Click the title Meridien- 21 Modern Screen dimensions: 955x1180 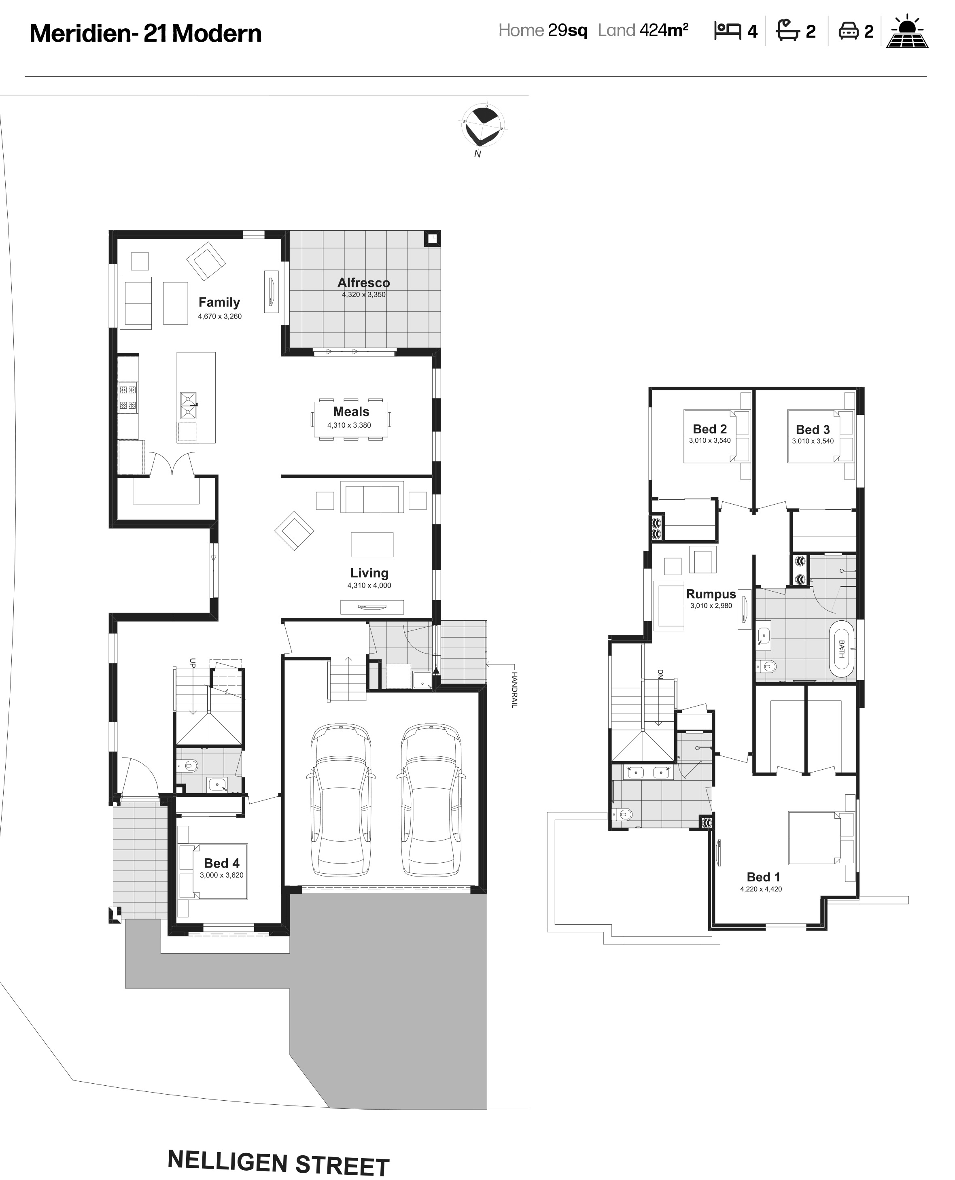pyautogui.click(x=145, y=34)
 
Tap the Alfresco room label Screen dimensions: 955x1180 pyautogui.click(x=364, y=283)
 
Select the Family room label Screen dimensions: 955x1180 pyautogui.click(x=219, y=302)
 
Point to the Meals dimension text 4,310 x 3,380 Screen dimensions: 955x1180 pyautogui.click(x=349, y=425)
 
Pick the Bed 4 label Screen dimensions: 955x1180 pyautogui.click(x=222, y=863)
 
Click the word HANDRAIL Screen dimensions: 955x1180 pyautogui.click(x=514, y=690)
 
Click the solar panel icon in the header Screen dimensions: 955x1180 pyautogui.click(x=907, y=32)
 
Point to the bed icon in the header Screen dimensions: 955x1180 pyautogui.click(x=727, y=31)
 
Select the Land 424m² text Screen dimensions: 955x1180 pyautogui.click(x=643, y=30)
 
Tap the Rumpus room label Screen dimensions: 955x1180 pyautogui.click(x=711, y=594)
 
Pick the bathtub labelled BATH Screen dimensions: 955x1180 pyautogui.click(x=841, y=649)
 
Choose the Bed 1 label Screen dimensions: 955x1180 pyautogui.click(x=763, y=877)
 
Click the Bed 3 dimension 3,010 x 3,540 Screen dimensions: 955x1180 pyautogui.click(x=813, y=441)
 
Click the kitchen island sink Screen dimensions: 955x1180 pyautogui.click(x=188, y=405)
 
